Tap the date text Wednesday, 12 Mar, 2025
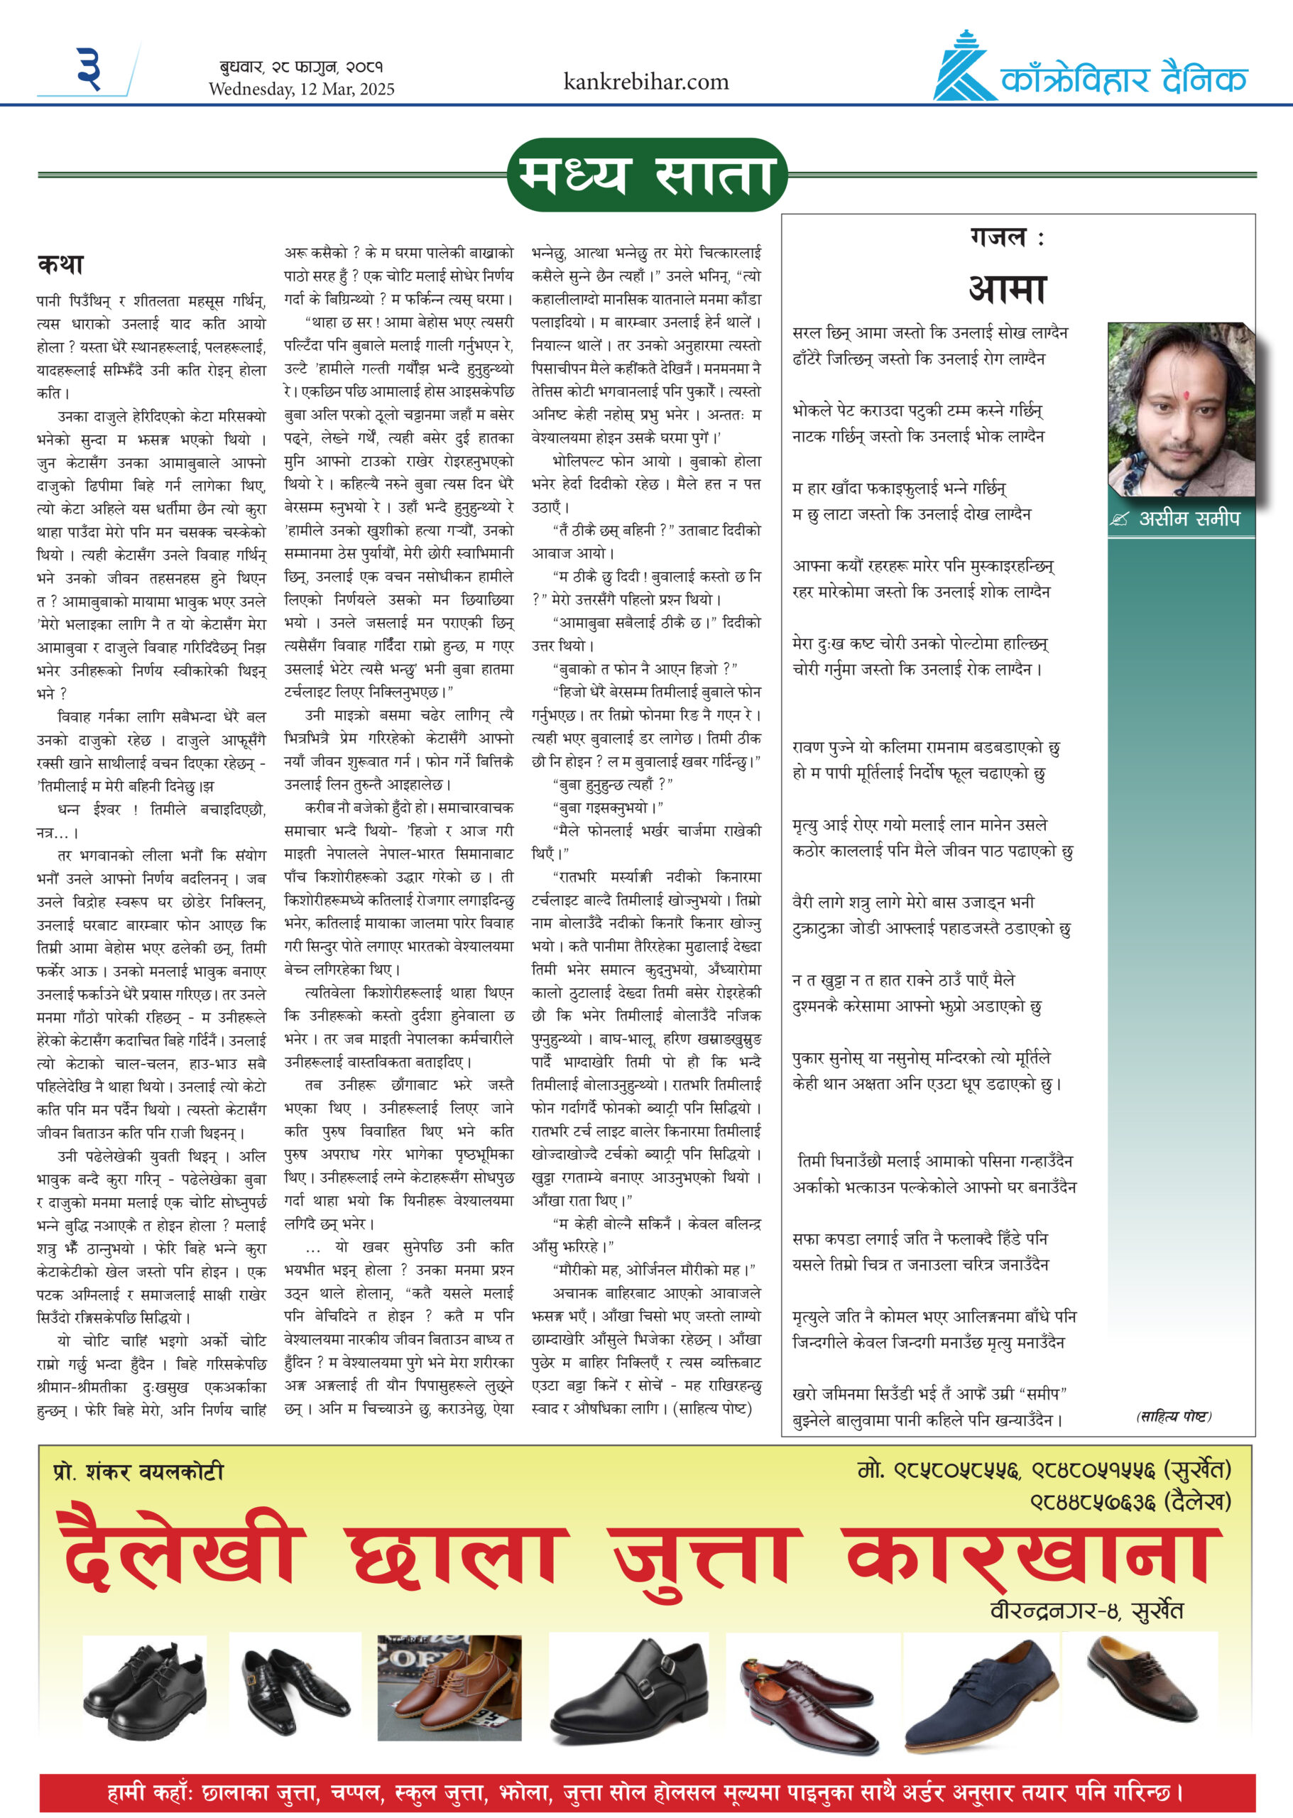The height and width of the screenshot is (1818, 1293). click(301, 89)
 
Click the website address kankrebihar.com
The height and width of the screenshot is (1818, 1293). click(645, 82)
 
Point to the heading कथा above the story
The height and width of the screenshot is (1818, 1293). click(60, 264)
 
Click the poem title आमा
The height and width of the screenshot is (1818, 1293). click(1006, 288)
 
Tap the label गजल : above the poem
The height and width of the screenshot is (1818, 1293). click(1006, 238)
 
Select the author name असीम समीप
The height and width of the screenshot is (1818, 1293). click(1189, 519)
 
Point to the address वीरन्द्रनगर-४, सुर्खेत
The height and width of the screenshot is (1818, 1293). click(1086, 1611)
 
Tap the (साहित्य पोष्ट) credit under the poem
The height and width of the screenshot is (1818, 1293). click(1173, 1417)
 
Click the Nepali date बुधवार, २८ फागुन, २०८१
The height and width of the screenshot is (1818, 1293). click(301, 67)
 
